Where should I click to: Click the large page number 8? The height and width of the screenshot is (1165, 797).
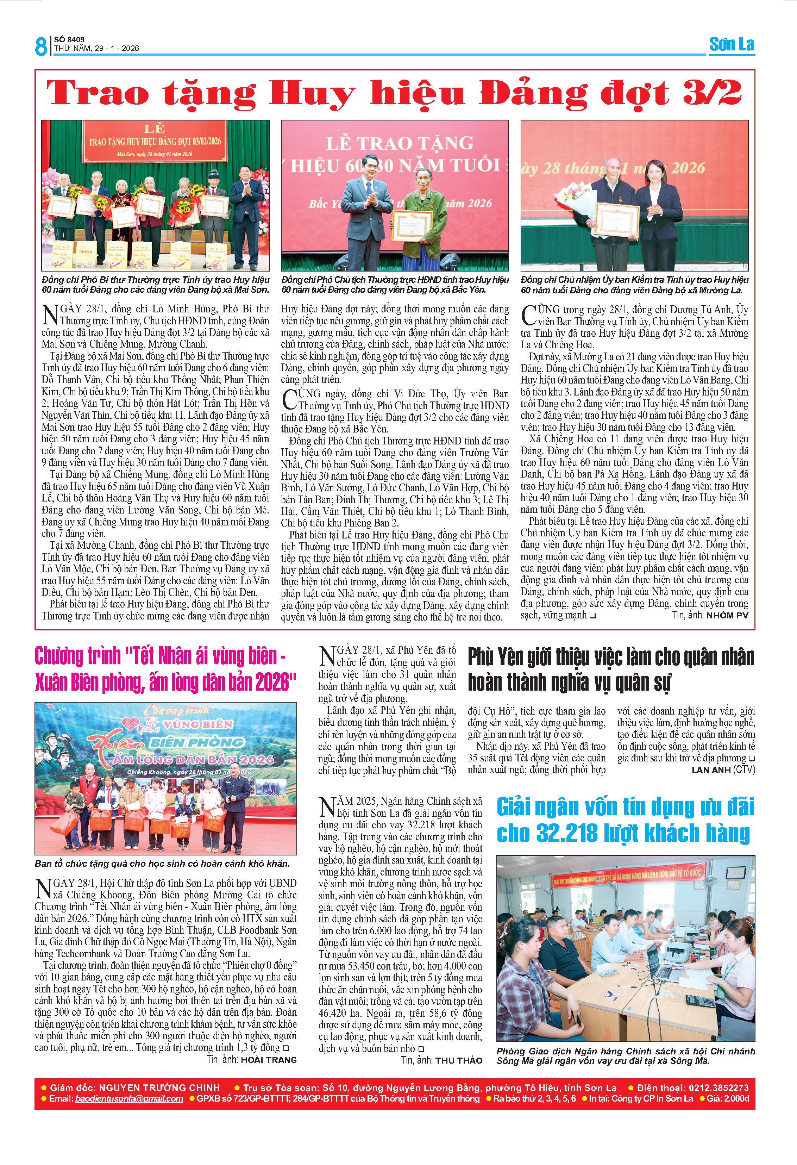click(x=40, y=46)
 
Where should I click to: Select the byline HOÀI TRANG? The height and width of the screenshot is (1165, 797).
click(x=269, y=1059)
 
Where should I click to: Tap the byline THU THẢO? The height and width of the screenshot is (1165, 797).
click(x=459, y=1060)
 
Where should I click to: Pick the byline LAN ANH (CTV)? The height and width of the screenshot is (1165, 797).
click(x=723, y=770)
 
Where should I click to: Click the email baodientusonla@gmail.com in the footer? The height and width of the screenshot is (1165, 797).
click(x=129, y=1098)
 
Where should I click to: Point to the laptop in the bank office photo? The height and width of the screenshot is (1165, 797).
click(x=662, y=963)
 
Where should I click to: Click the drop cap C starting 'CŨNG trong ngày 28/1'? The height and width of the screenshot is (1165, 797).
click(x=528, y=315)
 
